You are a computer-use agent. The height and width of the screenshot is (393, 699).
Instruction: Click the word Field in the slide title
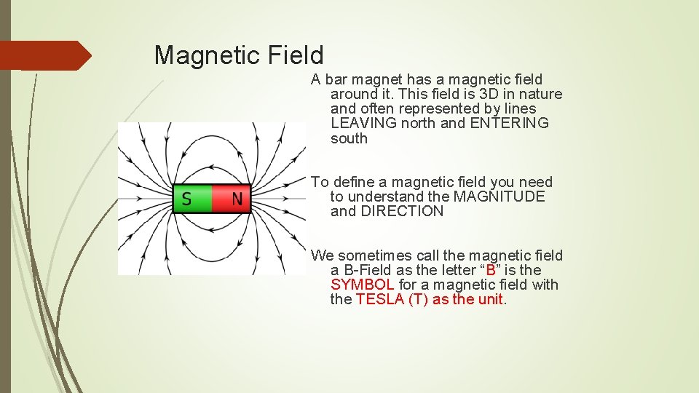click(x=295, y=55)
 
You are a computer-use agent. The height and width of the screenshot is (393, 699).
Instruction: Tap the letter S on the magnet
click(x=187, y=199)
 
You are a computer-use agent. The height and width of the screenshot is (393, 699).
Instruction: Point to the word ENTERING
click(x=509, y=123)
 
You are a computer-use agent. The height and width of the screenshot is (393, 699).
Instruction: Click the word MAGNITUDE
click(x=499, y=196)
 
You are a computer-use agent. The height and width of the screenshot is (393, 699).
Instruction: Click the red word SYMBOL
click(x=363, y=285)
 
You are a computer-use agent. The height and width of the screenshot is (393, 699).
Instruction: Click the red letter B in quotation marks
click(x=491, y=270)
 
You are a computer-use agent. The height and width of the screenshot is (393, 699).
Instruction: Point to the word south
click(x=349, y=138)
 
